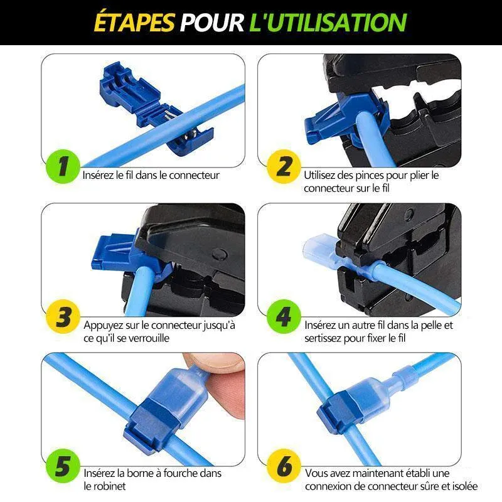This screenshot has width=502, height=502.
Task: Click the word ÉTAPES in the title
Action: pos(134,22)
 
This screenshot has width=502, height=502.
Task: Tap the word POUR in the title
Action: pos(211,23)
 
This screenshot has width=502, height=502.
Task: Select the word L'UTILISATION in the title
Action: pos(328,23)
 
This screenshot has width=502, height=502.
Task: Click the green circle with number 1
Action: pos(63,166)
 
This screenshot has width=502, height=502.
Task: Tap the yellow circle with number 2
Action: pos(284,166)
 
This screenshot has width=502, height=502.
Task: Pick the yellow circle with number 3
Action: pos(63,316)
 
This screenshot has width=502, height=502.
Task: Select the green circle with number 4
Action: pos(284,316)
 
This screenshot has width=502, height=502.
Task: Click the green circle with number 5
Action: pos(63,466)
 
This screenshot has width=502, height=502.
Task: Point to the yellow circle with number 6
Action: pos(284,466)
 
